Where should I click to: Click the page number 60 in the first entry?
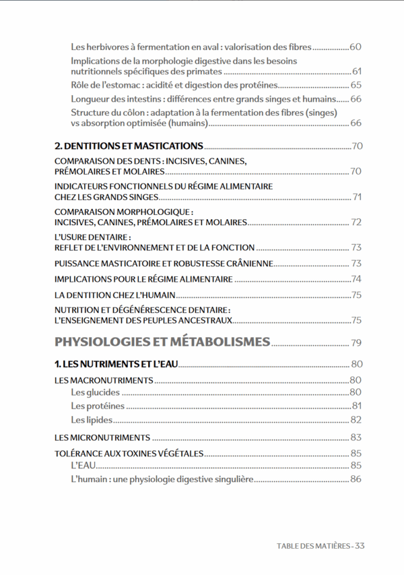(356, 47)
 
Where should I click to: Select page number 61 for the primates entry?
(357, 71)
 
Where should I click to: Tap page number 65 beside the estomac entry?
(356, 85)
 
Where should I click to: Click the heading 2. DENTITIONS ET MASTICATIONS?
(129, 146)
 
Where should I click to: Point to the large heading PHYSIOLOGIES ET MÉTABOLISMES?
(162, 341)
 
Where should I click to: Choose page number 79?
(356, 342)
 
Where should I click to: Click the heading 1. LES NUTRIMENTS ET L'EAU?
(116, 364)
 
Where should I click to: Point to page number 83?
(356, 437)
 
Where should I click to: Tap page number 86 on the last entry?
(356, 479)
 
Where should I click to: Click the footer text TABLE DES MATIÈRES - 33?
(321, 545)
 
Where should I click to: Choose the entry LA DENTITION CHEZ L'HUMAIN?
(114, 295)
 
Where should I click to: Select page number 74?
(356, 279)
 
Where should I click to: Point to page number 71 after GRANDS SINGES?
(357, 197)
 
